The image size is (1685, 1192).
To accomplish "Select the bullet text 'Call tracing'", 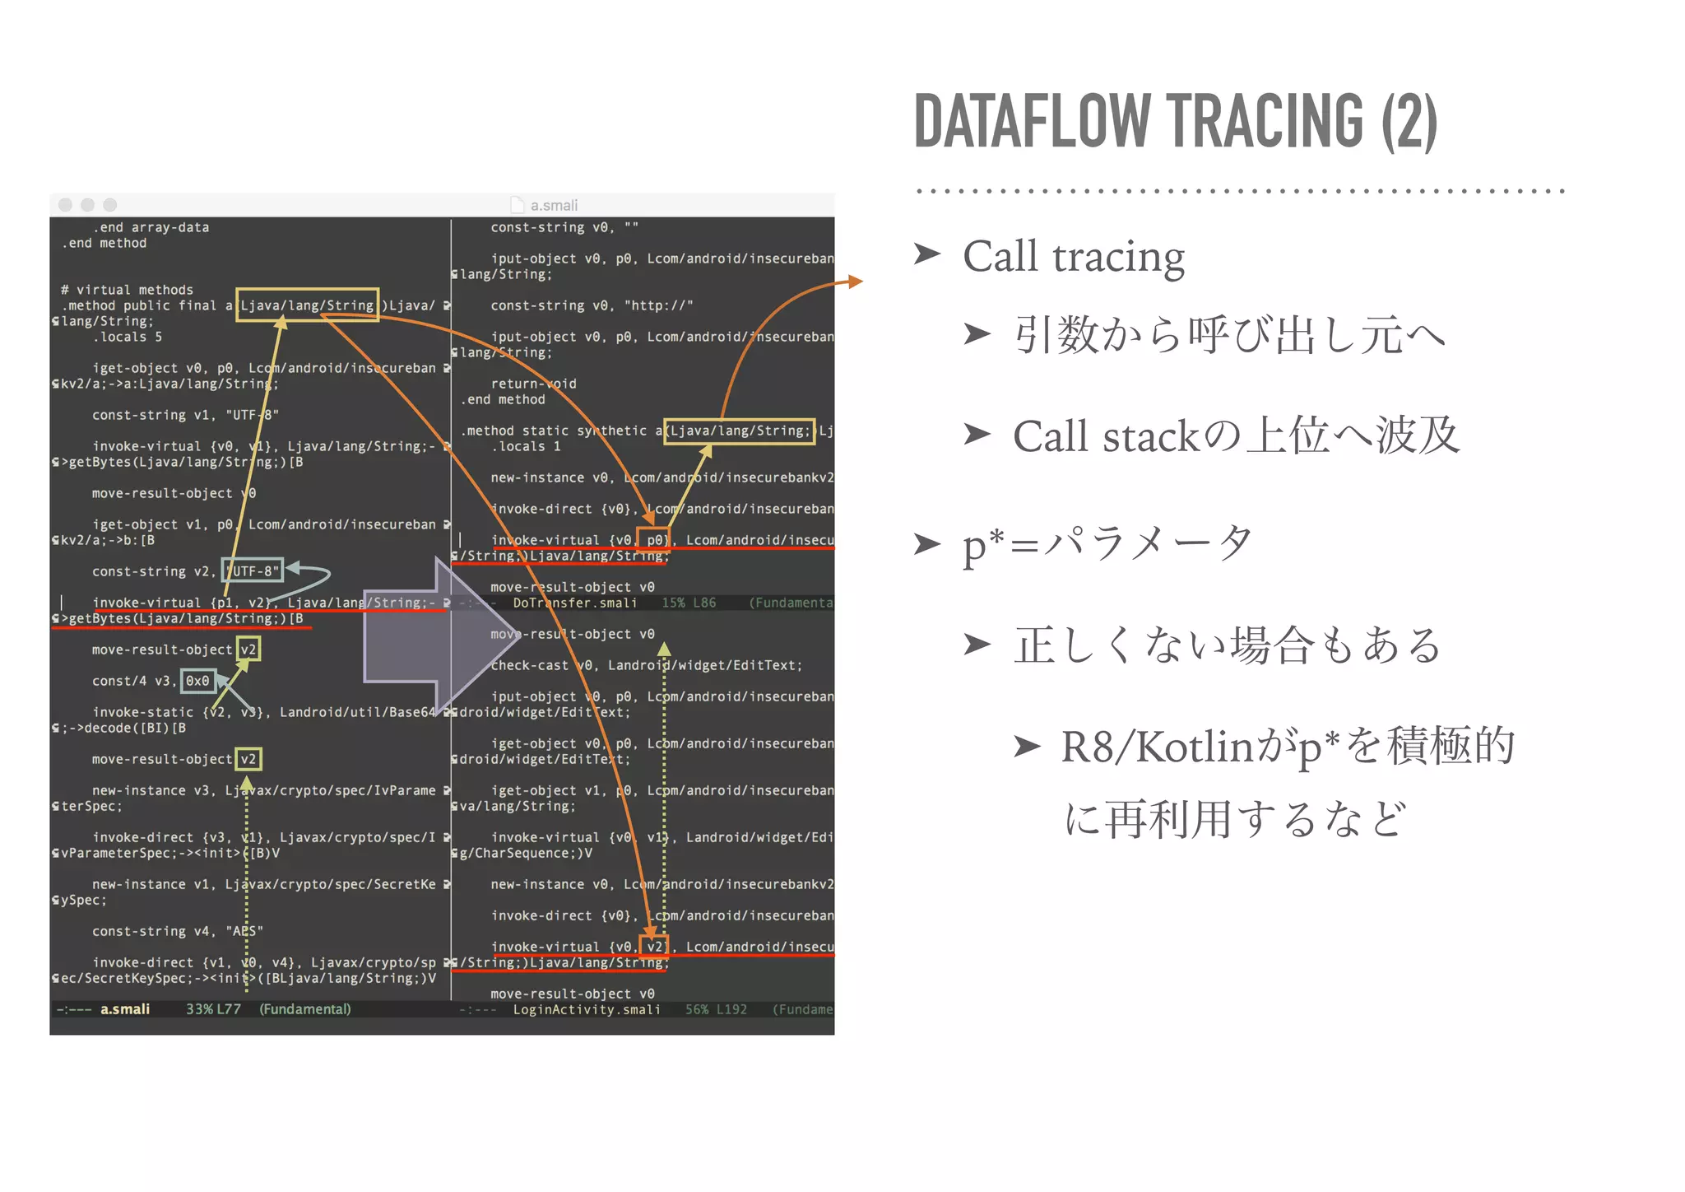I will [1073, 257].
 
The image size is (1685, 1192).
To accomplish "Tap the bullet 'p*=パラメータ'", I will [1107, 543].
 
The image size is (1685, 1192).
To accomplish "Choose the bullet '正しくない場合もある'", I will [1226, 645].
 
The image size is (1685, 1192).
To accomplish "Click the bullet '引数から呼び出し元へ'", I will [1229, 335].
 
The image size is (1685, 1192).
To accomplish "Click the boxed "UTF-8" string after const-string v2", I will [253, 570].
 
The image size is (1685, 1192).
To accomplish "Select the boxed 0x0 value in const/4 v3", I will [197, 681].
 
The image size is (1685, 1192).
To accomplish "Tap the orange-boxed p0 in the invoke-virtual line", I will [655, 540].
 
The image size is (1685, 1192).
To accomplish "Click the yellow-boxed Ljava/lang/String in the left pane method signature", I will [307, 305].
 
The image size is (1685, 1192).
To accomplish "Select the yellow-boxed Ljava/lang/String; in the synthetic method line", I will [739, 431].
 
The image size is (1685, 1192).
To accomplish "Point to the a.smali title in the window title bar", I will [553, 205].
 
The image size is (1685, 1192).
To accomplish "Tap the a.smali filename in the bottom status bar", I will [125, 1009].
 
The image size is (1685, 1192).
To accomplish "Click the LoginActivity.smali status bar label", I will [587, 1009].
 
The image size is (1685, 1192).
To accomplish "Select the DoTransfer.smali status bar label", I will [574, 603].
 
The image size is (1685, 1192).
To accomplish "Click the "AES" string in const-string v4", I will [244, 931].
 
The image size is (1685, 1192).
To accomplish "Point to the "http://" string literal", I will [658, 305].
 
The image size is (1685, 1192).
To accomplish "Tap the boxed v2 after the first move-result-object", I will [248, 650].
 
